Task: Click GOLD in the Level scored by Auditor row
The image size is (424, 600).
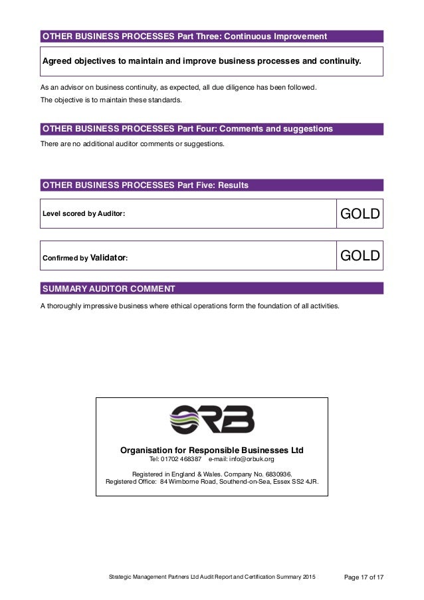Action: (360, 214)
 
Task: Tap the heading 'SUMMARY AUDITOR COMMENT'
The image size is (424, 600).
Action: (108, 289)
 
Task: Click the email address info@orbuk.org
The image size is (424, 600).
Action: (251, 458)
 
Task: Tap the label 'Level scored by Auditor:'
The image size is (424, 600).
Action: (83, 215)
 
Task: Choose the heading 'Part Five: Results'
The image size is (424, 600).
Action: (210, 185)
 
